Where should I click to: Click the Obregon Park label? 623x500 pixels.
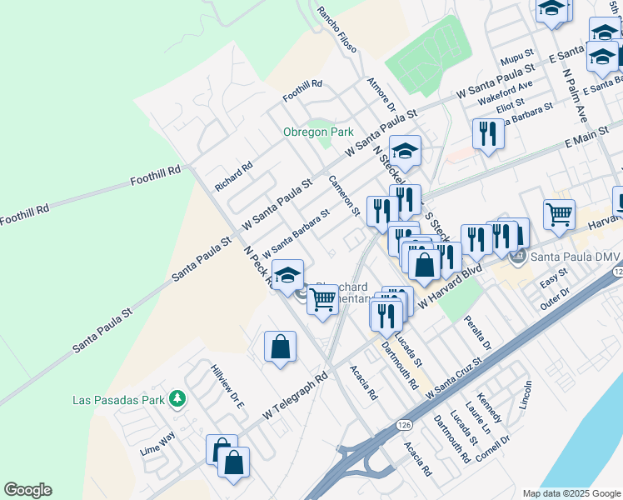[x=318, y=132]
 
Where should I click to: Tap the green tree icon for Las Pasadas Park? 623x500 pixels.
[x=177, y=399]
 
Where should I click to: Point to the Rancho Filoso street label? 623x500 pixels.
[x=337, y=31]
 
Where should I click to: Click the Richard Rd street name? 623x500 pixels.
[x=233, y=177]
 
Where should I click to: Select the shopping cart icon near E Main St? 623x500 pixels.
[x=559, y=214]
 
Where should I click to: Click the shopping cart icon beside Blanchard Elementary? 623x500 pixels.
[x=322, y=299]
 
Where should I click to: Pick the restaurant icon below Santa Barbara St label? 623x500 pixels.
[x=487, y=133]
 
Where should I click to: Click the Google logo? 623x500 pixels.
[x=27, y=490]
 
